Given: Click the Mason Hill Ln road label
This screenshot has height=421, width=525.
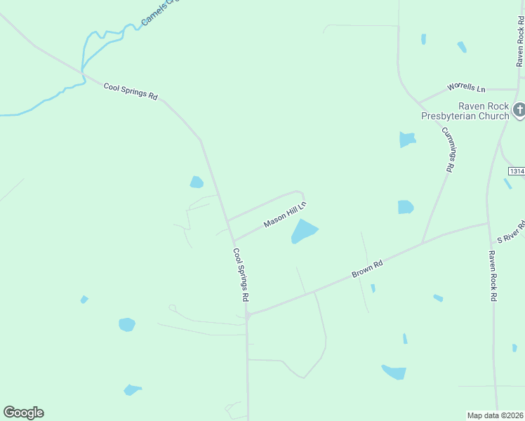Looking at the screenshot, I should [285, 215].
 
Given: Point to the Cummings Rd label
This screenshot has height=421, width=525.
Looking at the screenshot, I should [449, 149].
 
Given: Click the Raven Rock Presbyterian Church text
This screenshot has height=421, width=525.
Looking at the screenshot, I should [464, 111].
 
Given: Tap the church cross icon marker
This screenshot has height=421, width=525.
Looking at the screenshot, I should [519, 109].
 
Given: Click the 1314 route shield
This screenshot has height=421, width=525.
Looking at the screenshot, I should [517, 171].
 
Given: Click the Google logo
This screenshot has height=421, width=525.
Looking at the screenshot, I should [23, 413].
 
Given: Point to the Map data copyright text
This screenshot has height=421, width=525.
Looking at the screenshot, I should [496, 415].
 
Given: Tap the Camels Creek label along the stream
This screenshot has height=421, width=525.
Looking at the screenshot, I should [159, 13].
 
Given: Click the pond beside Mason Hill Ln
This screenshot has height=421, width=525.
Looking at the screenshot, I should [304, 231].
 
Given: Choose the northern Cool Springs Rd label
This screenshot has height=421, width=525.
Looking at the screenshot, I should [131, 91].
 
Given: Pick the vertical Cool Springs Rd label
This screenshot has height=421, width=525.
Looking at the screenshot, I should [241, 274].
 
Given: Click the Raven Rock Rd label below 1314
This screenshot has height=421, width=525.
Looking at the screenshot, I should [493, 277].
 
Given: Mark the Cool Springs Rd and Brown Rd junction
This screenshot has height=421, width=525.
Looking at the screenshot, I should [248, 315].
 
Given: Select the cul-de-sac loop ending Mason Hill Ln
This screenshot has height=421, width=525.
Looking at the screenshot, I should [300, 194].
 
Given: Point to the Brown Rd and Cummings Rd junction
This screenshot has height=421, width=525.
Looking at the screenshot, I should [423, 243].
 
